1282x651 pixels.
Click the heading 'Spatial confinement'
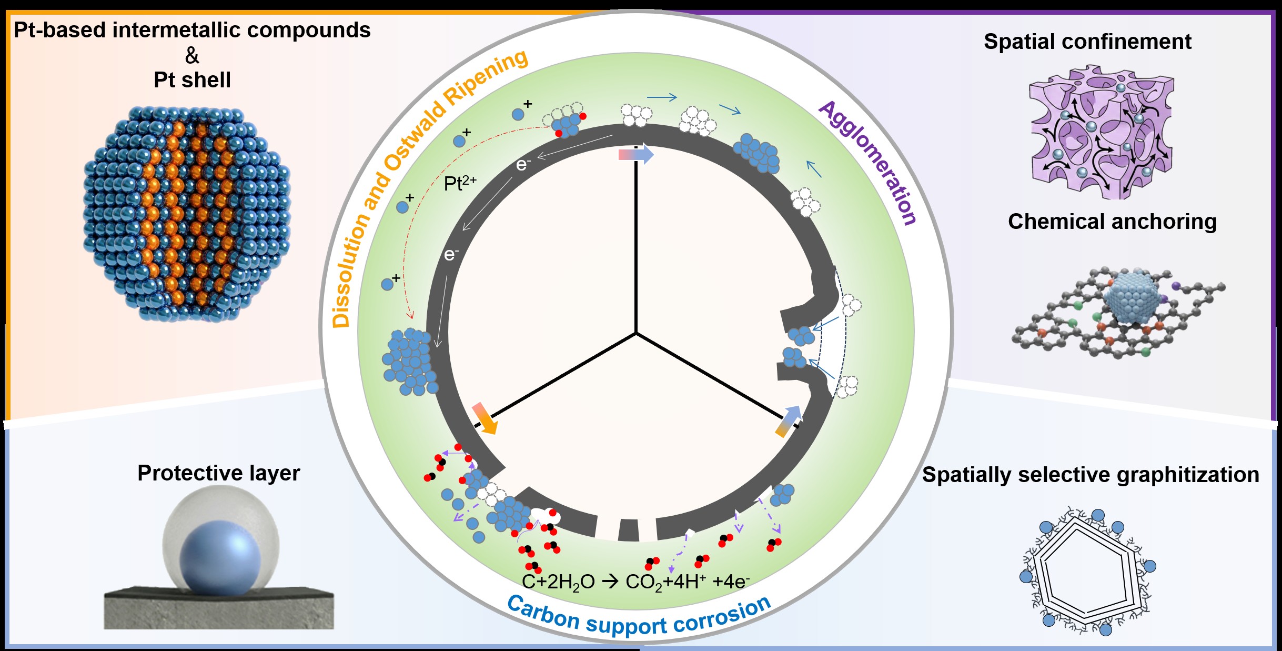click(x=1087, y=42)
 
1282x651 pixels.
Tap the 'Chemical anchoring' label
click(x=1112, y=222)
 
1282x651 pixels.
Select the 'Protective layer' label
click(x=218, y=473)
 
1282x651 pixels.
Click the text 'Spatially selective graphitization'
click(x=1091, y=475)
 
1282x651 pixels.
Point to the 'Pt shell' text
click(x=192, y=80)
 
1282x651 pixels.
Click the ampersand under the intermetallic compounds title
click(x=192, y=55)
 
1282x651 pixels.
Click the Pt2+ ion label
click(x=460, y=183)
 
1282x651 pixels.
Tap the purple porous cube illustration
click(x=1102, y=132)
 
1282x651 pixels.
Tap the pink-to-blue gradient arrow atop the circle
click(x=636, y=155)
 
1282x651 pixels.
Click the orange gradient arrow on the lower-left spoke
click(x=484, y=418)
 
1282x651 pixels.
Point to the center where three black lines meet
click(x=636, y=333)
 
